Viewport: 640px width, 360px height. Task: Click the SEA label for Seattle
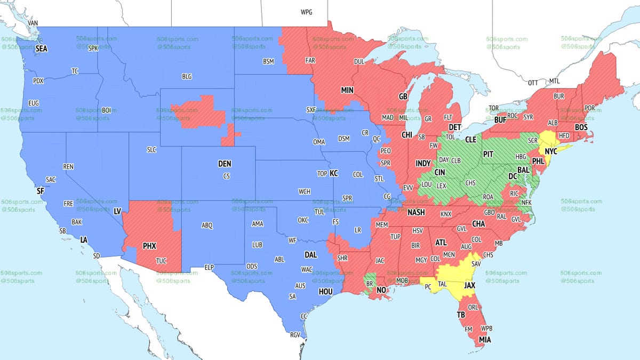(42, 49)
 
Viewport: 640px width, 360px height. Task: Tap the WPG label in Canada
(307, 11)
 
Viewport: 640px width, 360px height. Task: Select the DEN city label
(225, 164)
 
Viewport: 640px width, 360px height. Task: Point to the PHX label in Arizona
(149, 246)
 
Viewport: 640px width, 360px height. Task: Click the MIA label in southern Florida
(485, 339)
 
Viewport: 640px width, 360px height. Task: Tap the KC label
(334, 173)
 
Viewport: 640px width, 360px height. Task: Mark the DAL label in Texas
(310, 255)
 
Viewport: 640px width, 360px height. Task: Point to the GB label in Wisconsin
(403, 97)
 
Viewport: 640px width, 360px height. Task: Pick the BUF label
(500, 121)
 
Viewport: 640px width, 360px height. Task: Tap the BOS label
(581, 127)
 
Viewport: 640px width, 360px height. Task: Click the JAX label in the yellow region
(469, 285)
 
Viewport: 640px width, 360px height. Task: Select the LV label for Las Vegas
(117, 212)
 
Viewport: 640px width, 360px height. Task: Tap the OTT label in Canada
(533, 83)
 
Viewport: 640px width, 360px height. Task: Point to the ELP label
(210, 267)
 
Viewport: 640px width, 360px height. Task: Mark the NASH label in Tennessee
(416, 212)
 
